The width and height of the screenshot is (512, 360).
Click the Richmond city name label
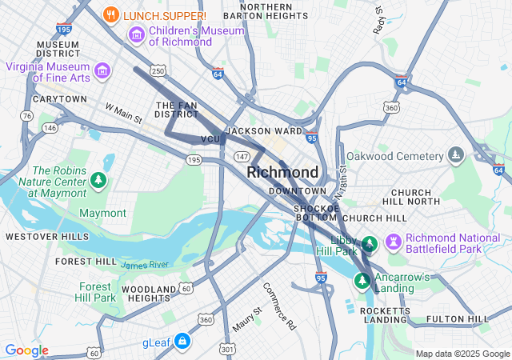tap(282, 172)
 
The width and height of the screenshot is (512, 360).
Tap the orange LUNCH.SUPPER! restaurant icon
tap(112, 15)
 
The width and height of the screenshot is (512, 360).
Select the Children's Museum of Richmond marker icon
tap(136, 35)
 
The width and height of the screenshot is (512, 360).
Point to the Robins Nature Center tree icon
tap(98, 181)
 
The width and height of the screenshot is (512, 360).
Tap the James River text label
tap(145, 265)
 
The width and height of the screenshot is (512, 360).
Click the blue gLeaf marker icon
tap(183, 342)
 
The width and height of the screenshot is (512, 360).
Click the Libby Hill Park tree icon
tap(369, 243)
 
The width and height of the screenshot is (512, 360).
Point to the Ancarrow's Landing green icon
tap(362, 280)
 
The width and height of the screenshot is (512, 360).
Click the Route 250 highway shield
tap(158, 71)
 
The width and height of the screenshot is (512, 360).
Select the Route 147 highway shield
tap(242, 154)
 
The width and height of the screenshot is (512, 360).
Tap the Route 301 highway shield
tap(228, 349)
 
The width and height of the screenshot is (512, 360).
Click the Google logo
tap(26, 350)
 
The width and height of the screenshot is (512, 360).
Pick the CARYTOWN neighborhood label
tap(59, 99)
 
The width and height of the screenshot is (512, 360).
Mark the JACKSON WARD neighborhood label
tap(265, 131)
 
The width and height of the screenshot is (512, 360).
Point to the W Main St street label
tap(123, 113)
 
